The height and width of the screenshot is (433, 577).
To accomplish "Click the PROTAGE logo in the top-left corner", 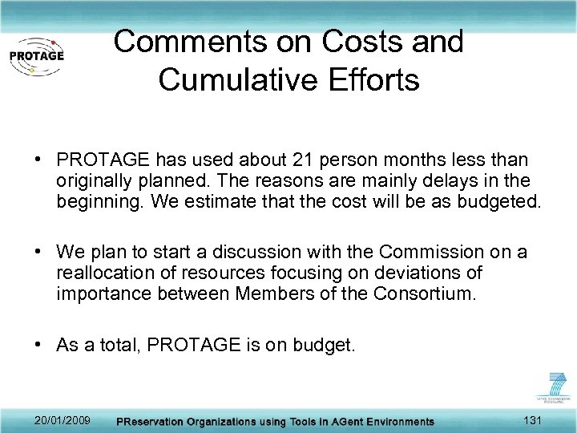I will coord(36,55).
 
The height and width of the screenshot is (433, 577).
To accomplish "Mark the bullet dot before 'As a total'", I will coord(38,345).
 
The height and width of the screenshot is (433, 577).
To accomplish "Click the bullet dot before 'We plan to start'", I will coord(38,253).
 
